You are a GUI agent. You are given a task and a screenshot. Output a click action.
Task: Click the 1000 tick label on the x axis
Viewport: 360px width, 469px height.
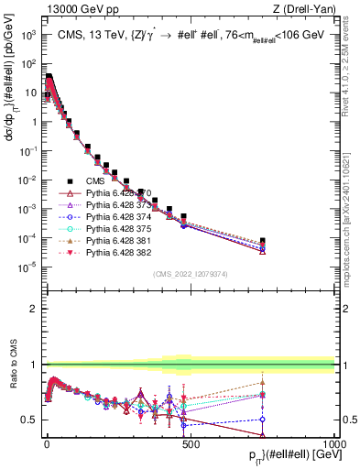(333, 442)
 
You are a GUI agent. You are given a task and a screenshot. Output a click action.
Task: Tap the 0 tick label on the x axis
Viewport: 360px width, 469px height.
(47, 442)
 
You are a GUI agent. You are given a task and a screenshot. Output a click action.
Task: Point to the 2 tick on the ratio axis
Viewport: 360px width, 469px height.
(34, 309)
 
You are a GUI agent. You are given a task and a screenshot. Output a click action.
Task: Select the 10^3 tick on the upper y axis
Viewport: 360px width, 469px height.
(27, 35)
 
